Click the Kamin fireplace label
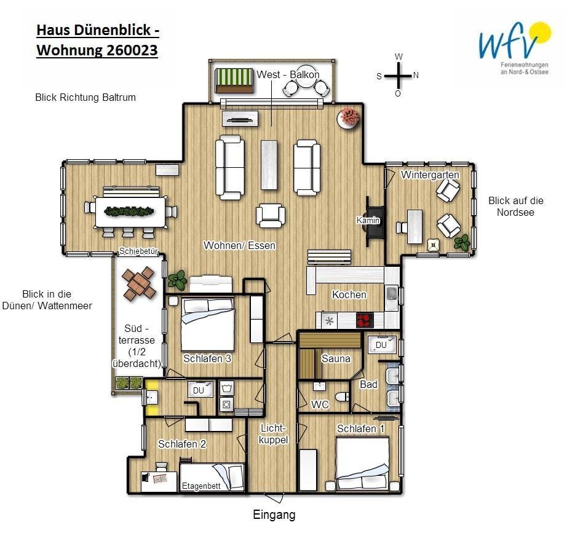(x=368, y=220)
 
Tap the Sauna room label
(x=336, y=358)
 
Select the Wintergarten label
(x=430, y=175)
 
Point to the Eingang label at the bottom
(x=274, y=515)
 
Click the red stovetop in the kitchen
(x=365, y=320)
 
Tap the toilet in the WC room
(x=342, y=397)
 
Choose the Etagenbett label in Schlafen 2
(x=201, y=486)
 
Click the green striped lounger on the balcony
(x=234, y=81)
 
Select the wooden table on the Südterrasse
(x=138, y=283)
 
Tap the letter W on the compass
(x=399, y=57)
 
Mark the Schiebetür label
(x=138, y=251)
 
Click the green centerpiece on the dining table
(x=129, y=211)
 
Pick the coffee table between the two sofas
(x=269, y=165)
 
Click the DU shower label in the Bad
(x=381, y=345)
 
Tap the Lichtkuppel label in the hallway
(x=273, y=434)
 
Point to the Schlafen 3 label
(x=207, y=358)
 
